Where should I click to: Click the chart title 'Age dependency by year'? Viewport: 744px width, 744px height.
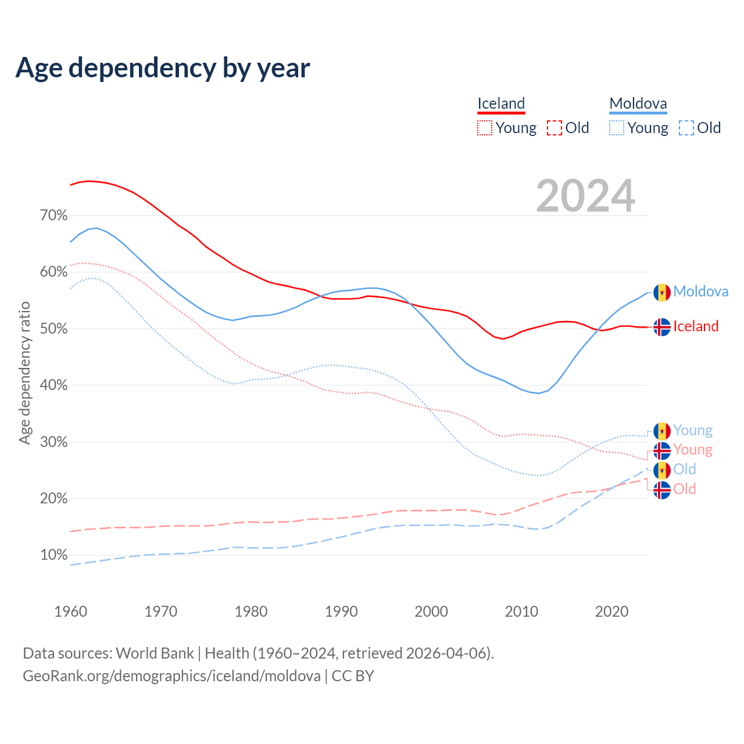163,68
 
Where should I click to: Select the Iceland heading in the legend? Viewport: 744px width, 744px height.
501,103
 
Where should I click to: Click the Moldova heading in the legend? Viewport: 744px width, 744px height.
638,103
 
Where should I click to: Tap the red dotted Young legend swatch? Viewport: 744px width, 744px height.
485,128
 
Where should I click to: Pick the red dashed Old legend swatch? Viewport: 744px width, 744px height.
555,128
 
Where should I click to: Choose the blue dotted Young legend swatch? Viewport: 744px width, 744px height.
617,128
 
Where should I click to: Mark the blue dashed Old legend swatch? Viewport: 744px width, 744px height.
686,128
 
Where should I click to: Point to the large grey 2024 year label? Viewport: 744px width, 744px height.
585,196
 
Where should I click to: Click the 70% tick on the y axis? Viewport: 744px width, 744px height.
53,216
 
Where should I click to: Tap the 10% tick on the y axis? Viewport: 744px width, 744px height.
53,555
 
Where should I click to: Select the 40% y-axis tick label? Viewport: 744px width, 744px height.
53,385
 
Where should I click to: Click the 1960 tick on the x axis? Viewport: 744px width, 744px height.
70,611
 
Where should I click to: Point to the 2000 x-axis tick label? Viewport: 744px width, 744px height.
431,611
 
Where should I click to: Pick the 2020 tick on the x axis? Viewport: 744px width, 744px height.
611,611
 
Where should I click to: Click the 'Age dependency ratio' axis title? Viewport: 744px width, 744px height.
24,373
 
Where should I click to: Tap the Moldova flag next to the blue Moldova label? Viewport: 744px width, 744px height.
662,292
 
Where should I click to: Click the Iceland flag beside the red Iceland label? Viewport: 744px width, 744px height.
662,327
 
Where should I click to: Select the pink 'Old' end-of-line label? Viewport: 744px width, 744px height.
685,489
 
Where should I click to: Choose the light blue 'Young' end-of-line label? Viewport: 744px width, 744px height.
693,431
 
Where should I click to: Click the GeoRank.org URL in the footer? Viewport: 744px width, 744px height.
171,676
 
